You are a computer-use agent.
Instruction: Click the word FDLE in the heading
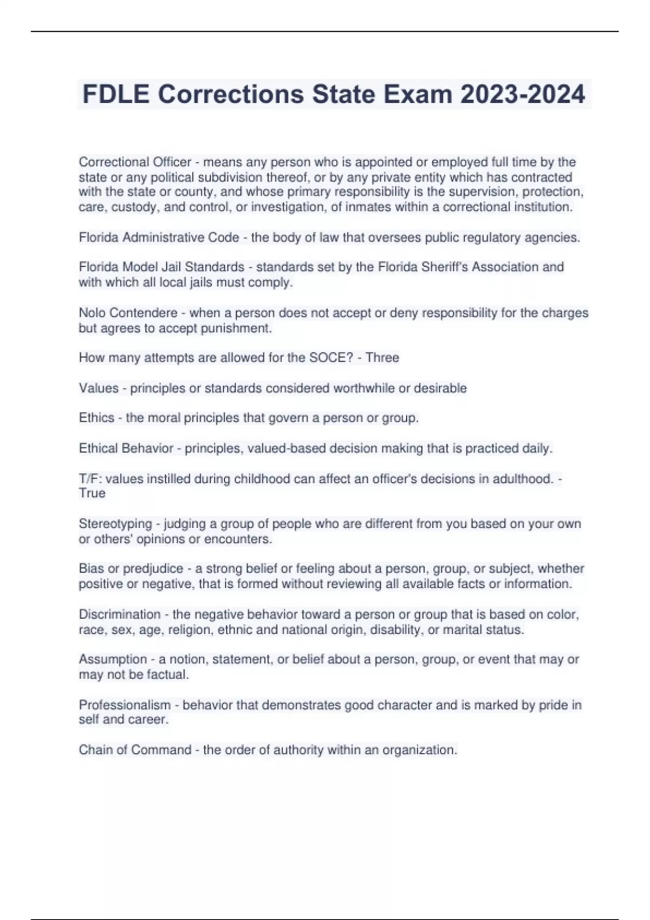tap(115, 94)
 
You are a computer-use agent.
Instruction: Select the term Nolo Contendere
tap(128, 313)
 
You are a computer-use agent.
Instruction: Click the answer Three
tap(382, 358)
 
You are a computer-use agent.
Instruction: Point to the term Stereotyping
tap(115, 524)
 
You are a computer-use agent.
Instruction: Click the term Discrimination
tap(120, 615)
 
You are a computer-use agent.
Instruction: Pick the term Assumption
tap(113, 659)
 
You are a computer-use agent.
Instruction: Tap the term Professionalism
tap(125, 705)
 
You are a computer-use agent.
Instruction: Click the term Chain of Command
tap(135, 750)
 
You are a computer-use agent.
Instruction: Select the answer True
tap(92, 494)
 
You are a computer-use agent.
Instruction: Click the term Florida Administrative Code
tap(159, 238)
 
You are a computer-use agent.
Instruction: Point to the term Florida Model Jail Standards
tap(161, 267)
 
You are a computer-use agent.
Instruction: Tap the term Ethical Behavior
tap(126, 449)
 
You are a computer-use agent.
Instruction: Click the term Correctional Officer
tap(135, 162)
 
